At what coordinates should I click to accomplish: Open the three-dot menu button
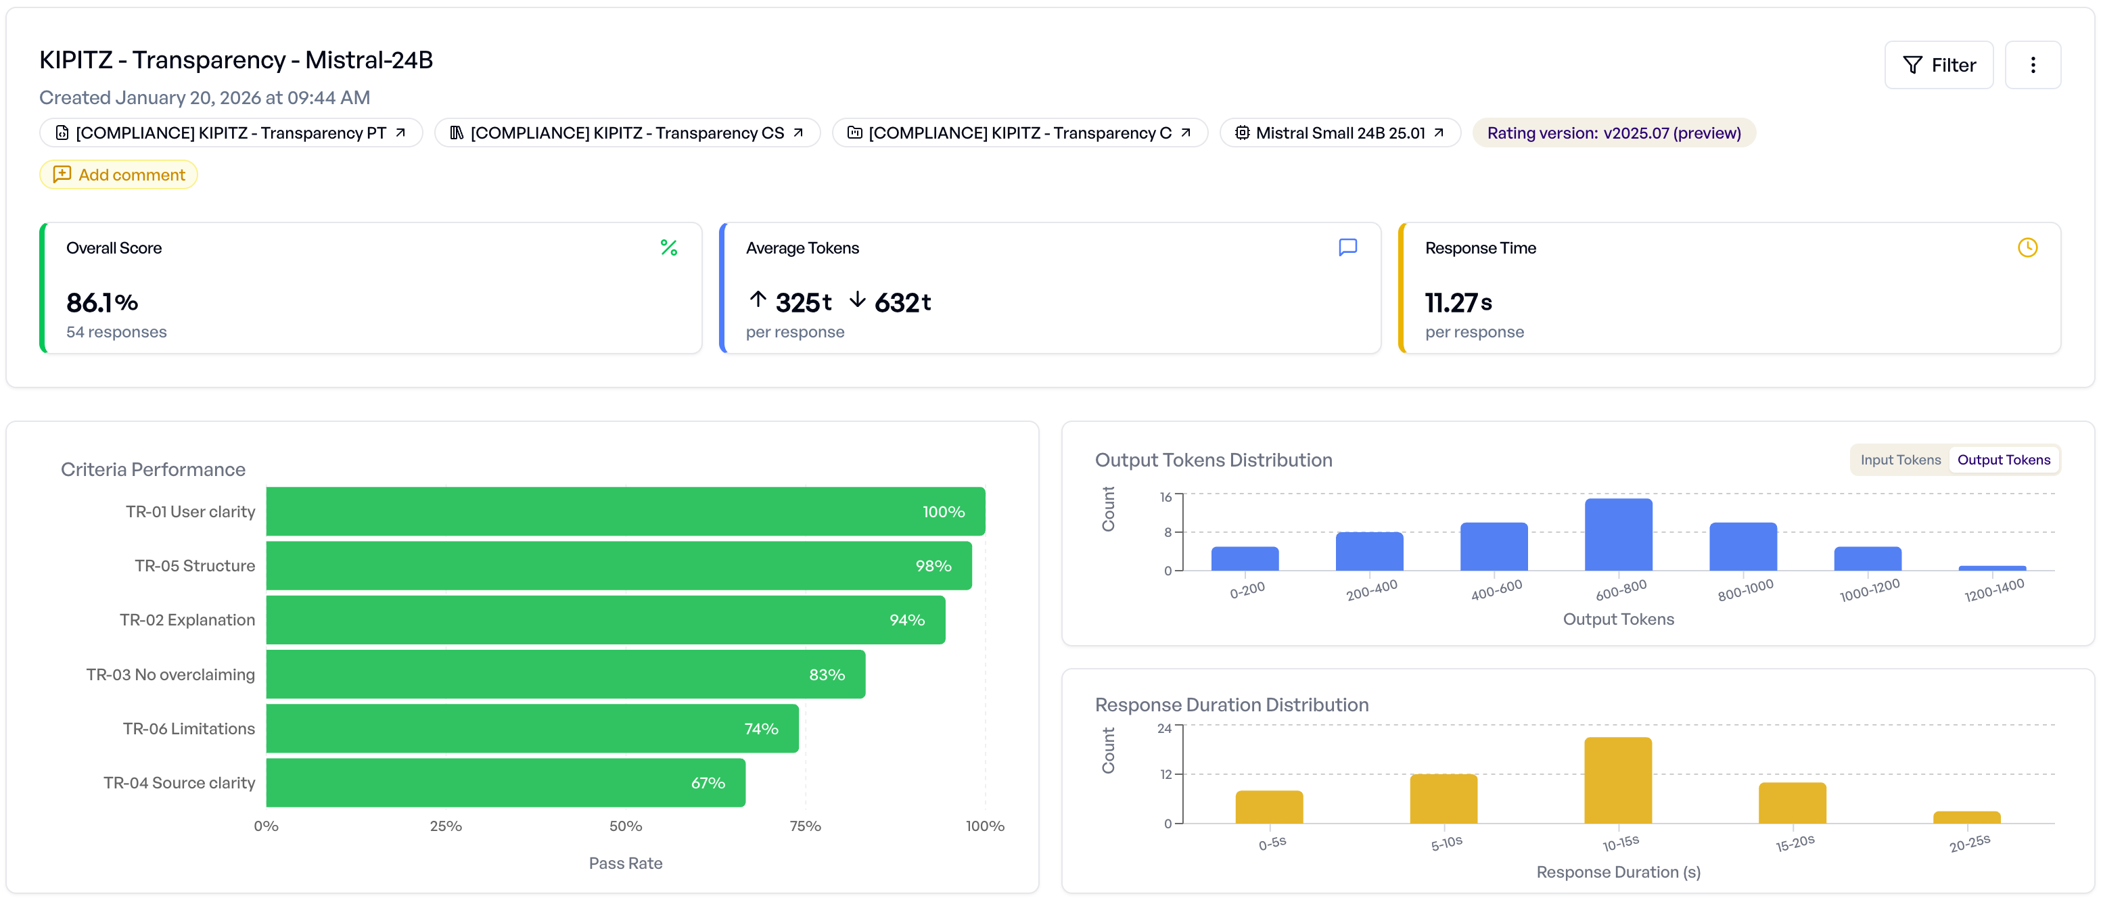pos(2032,65)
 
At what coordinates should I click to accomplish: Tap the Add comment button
pos(119,174)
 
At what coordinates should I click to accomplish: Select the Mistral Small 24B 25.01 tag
pos(1339,133)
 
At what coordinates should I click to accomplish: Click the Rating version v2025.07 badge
pos(1613,133)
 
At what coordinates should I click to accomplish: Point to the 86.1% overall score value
pos(102,302)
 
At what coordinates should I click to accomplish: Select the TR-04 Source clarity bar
pos(506,783)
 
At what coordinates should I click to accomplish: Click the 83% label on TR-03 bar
pos(826,674)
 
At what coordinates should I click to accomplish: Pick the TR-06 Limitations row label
pos(189,728)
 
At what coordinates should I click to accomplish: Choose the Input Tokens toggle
pos(1899,460)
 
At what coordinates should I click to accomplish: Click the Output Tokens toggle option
pos(2002,460)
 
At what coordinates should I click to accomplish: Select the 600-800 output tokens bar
pos(1618,535)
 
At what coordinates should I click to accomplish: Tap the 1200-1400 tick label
pos(1993,590)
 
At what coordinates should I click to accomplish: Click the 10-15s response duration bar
pos(1617,780)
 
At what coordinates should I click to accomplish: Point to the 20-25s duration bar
pos(1966,817)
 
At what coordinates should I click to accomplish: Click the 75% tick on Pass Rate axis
pos(805,826)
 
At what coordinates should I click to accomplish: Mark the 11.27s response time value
pos(1458,302)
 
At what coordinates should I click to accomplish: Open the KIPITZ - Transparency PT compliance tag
pos(231,133)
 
